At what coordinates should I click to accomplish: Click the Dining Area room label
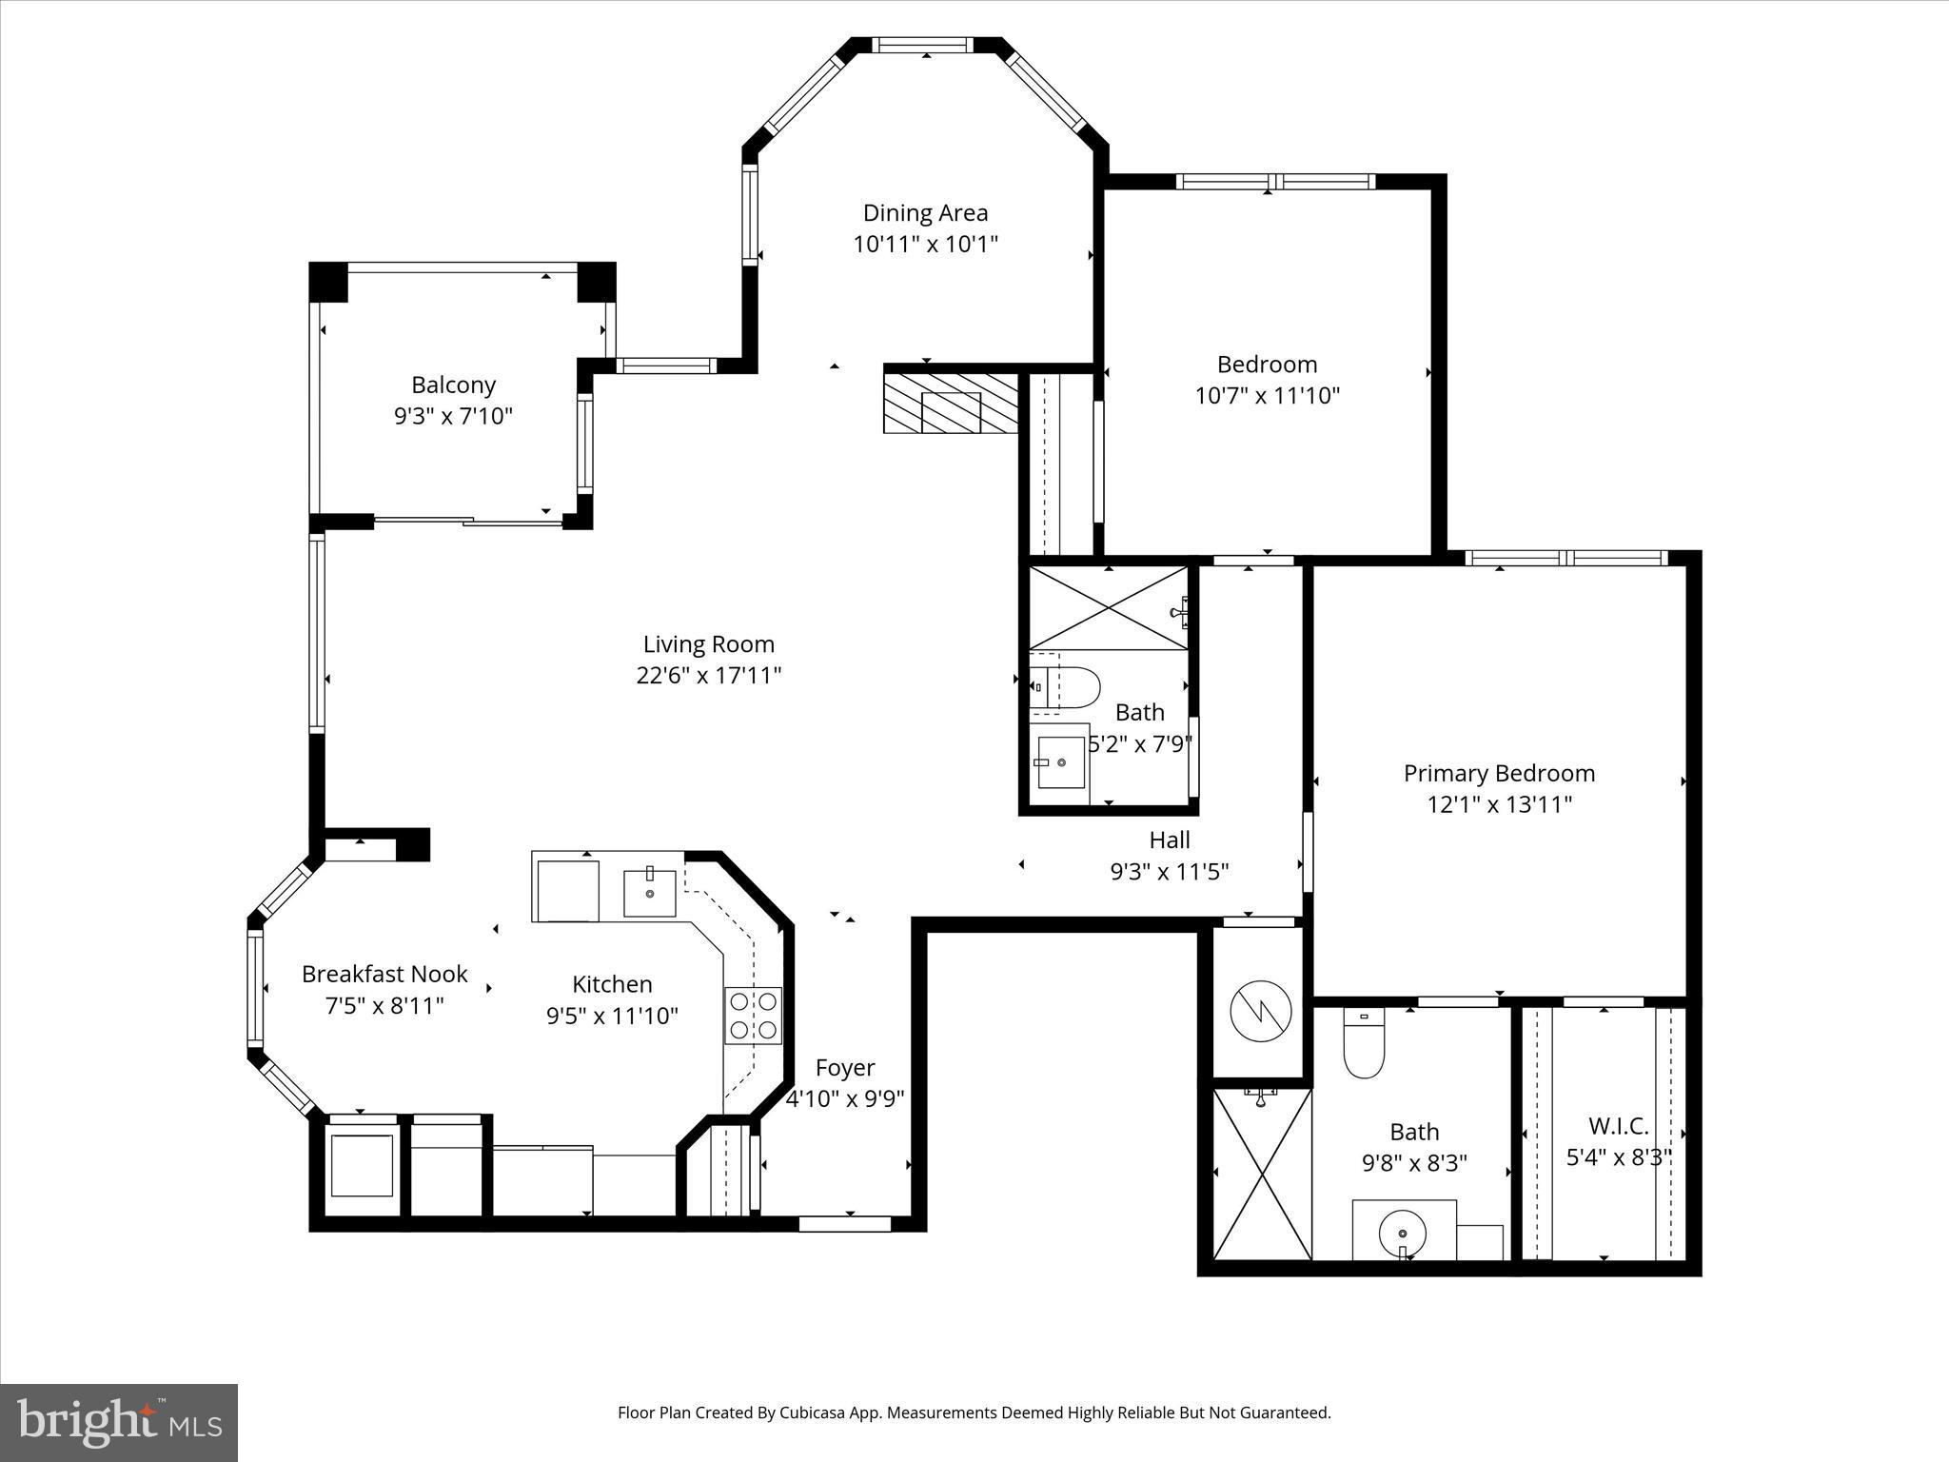[925, 212]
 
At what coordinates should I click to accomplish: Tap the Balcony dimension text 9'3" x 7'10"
[453, 416]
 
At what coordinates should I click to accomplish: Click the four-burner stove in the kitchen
[753, 1015]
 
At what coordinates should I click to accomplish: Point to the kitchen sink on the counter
[650, 893]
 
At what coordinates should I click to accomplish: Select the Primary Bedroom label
[1499, 773]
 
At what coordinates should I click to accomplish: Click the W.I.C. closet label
[1618, 1126]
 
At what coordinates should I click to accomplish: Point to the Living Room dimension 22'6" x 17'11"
[709, 675]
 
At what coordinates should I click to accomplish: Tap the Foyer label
[844, 1067]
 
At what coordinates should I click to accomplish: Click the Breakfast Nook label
[384, 974]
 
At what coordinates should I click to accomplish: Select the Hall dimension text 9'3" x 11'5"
[1170, 871]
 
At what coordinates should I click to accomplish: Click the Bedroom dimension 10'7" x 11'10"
[1267, 395]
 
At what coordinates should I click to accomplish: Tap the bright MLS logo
[119, 1423]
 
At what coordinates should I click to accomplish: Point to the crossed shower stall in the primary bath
[1261, 1174]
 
